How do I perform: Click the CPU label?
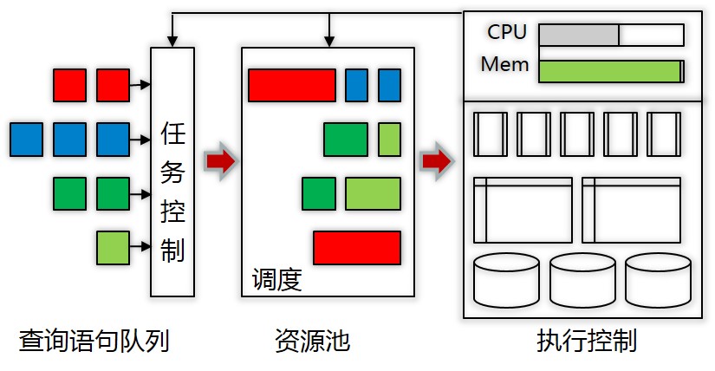pyautogui.click(x=507, y=32)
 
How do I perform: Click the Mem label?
pyautogui.click(x=504, y=64)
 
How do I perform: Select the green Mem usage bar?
pyautogui.click(x=609, y=71)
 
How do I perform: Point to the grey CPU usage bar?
pyautogui.click(x=579, y=35)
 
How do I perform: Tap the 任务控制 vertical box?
pyautogui.click(x=172, y=171)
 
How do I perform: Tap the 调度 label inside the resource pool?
pyautogui.click(x=276, y=280)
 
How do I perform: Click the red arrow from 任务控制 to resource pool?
pyautogui.click(x=220, y=160)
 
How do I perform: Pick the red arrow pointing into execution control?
pyautogui.click(x=436, y=160)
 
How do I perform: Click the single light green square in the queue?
pyautogui.click(x=113, y=248)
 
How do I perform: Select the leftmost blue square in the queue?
pyautogui.click(x=26, y=140)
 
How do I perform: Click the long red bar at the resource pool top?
pyautogui.click(x=291, y=85)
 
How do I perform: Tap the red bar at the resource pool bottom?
pyautogui.click(x=357, y=247)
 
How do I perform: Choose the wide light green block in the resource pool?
pyautogui.click(x=373, y=193)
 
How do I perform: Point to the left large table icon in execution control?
pyautogui.click(x=523, y=210)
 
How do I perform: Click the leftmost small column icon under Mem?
pyautogui.click(x=490, y=133)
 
